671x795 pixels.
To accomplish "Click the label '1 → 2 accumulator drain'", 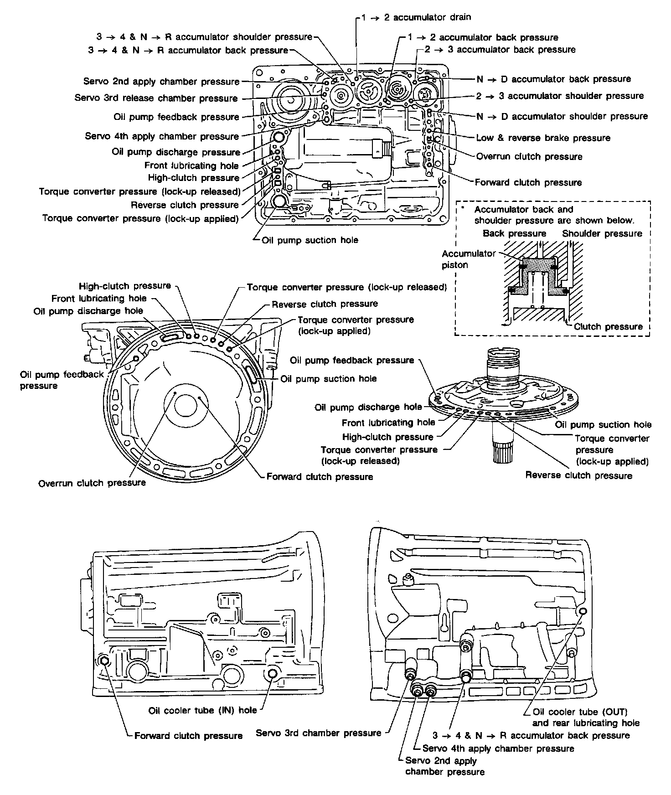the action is pos(416,17).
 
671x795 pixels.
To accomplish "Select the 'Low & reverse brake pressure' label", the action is pos(543,138).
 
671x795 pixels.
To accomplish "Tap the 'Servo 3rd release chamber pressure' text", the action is pos(156,98).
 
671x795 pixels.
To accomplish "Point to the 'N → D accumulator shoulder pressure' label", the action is pos(562,116).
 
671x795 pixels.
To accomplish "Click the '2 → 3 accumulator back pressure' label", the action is pos(500,49).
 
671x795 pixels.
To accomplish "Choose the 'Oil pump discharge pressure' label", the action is pos(176,152).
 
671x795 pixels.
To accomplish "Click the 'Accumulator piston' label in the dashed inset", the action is pos(462,259).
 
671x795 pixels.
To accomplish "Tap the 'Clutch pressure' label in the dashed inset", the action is pos(608,326).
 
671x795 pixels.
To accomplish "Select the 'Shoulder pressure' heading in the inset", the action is pos(602,233).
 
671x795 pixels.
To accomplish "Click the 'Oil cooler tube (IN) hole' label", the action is pos(202,710).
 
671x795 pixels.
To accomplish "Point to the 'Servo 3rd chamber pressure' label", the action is pos(318,733).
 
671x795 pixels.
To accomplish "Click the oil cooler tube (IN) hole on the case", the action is pos(274,674).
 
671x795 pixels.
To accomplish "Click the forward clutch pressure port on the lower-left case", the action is pos(104,661).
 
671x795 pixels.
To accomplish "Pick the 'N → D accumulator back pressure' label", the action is pos(553,79).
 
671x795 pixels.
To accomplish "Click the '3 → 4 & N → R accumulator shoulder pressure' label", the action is pos(204,37).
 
